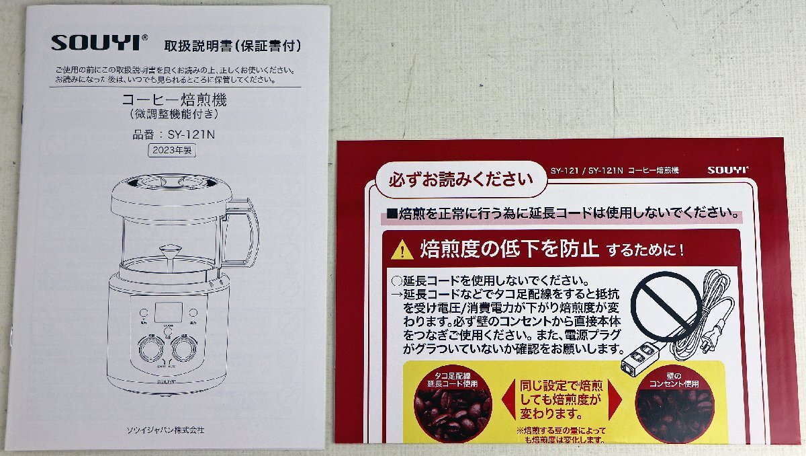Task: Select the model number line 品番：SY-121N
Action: pos(173,134)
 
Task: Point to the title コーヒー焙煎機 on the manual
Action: pos(174,101)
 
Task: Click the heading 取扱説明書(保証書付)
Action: pos(232,46)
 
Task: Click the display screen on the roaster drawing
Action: pos(169,312)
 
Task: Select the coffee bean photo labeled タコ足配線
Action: pos(452,408)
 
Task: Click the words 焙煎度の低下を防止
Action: pos(508,250)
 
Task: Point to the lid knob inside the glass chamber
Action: pos(169,252)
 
